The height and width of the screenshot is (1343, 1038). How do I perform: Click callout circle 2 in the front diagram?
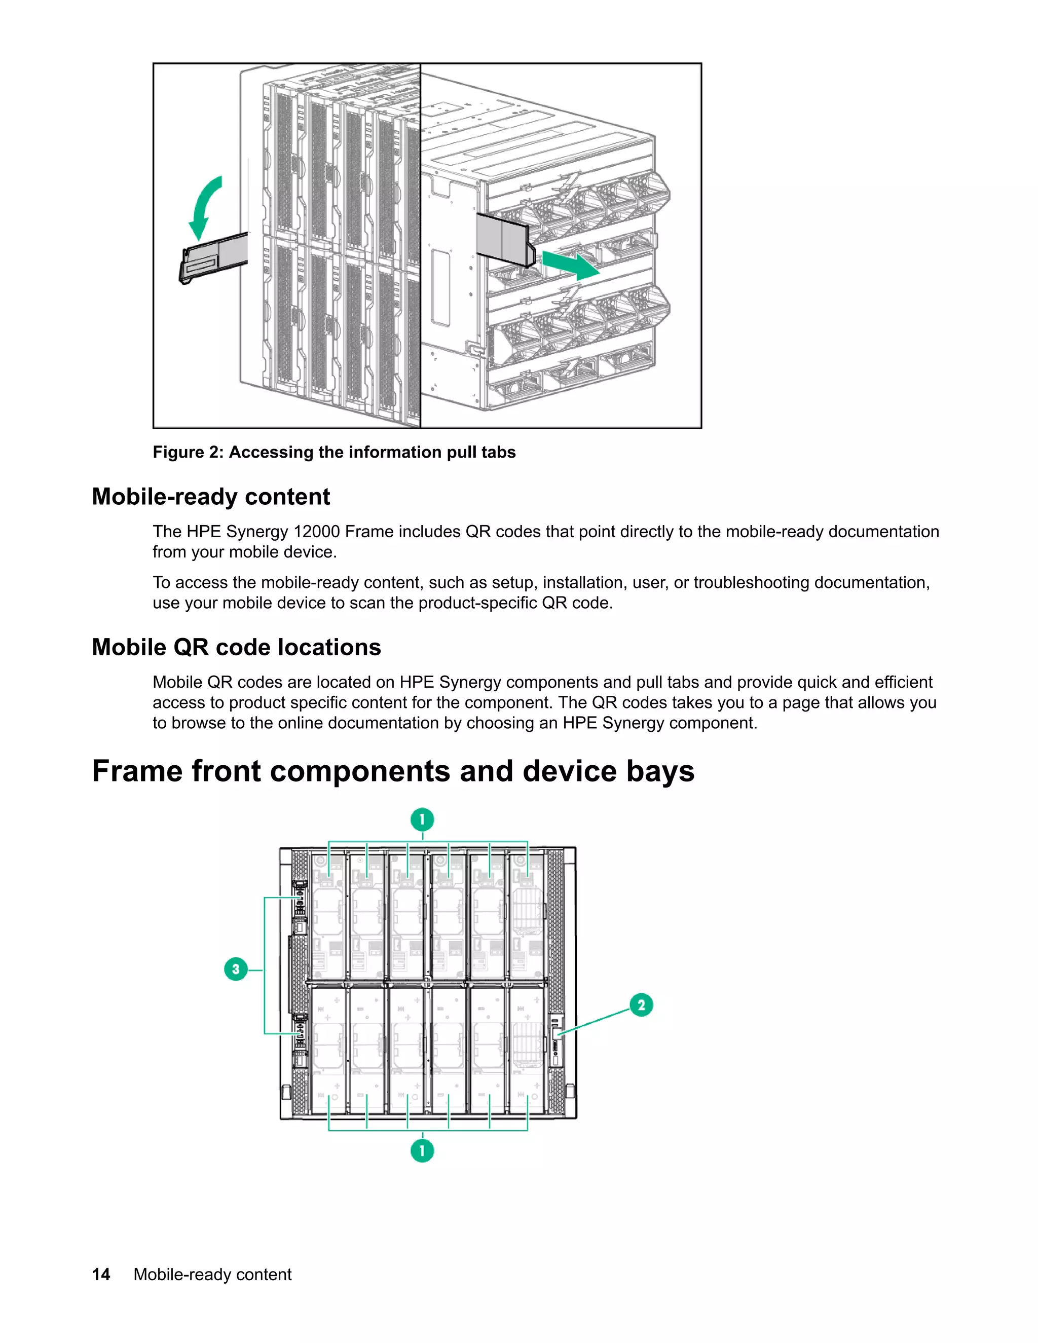point(641,1005)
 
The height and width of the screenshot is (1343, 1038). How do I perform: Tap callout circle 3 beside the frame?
point(236,969)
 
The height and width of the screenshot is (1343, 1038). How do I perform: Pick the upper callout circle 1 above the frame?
point(422,819)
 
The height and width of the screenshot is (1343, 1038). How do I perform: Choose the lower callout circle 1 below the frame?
point(422,1151)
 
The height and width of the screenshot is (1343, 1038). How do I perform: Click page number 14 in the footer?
point(101,1275)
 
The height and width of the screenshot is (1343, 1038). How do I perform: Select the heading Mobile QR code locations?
point(236,648)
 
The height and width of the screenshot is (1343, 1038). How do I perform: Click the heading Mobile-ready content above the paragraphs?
point(210,497)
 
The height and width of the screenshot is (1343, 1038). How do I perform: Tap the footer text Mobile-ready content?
point(212,1275)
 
